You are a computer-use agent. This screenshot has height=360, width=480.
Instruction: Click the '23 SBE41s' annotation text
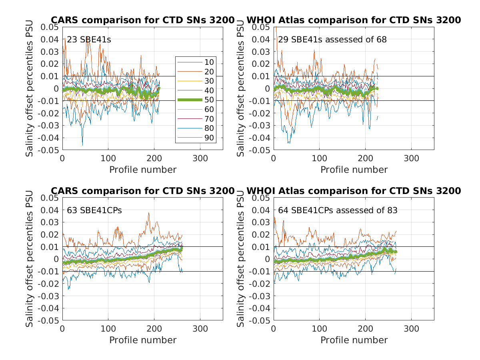[x=89, y=40]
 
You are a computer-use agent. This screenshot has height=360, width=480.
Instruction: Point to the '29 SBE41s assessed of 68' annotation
[x=332, y=40]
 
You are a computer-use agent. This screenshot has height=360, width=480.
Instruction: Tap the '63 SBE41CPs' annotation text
[x=94, y=210]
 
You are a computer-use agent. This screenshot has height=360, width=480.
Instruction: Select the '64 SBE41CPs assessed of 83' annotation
[x=338, y=210]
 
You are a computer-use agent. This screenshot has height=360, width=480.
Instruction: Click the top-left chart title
[x=142, y=20]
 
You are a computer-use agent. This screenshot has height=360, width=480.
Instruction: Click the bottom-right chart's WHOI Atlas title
[x=354, y=191]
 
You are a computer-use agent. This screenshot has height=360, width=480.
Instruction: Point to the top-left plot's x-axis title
[x=143, y=170]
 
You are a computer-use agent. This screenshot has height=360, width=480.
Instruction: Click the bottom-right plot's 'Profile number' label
[x=354, y=340]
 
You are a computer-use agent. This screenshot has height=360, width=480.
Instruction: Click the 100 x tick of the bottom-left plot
[x=108, y=328]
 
